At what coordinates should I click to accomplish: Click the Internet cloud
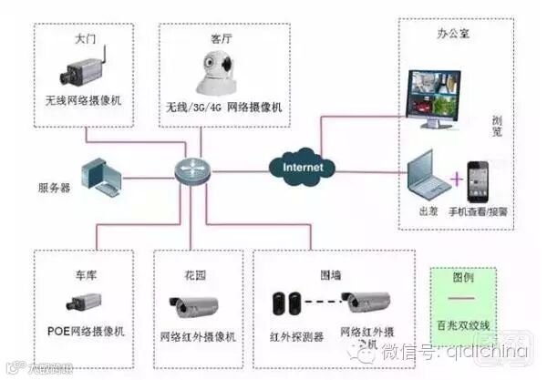302,169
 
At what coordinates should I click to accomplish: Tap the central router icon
192,170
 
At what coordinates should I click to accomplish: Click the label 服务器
53,188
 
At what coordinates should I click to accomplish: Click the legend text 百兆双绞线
463,325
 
